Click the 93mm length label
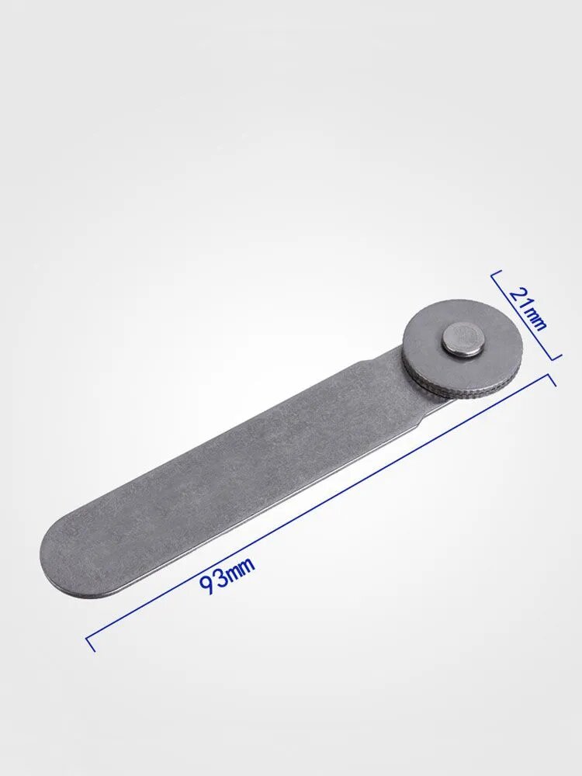tap(227, 576)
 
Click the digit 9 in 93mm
tap(208, 584)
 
